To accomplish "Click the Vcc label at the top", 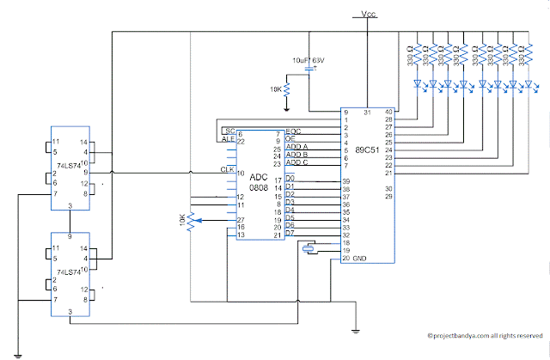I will [368, 15].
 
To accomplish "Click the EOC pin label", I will [293, 130].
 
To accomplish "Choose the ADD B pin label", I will [296, 155].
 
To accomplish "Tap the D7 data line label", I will [290, 233].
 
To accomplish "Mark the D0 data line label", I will [290, 178].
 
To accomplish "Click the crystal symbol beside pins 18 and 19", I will [309, 249].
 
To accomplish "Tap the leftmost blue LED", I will [418, 83].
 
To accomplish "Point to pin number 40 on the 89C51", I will [388, 112].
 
